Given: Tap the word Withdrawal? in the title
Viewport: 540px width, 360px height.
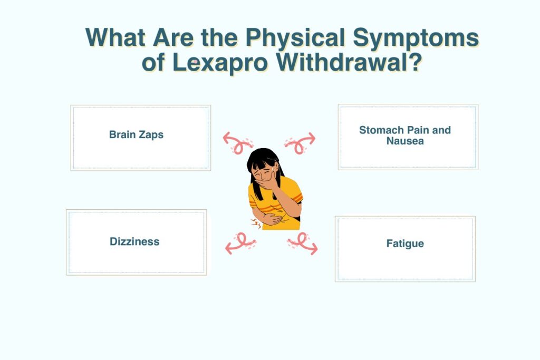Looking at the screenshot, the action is tap(349, 62).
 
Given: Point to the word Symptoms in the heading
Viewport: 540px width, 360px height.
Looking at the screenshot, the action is tap(416, 37).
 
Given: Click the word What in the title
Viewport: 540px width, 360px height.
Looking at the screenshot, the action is tap(115, 37).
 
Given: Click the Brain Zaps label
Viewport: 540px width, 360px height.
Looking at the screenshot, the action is tap(137, 134).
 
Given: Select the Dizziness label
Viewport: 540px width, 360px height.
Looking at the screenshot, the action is tap(134, 241).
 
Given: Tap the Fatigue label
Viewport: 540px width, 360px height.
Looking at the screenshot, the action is tap(405, 244).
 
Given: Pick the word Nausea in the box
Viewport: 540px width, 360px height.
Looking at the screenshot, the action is tap(405, 141).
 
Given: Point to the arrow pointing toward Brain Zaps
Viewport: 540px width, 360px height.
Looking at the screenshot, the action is tap(238, 143).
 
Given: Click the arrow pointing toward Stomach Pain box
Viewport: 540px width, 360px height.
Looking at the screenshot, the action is tap(300, 143).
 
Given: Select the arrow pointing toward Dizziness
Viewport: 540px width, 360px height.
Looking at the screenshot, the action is tap(240, 244).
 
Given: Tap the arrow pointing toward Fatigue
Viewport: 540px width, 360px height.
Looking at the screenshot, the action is tap(303, 244).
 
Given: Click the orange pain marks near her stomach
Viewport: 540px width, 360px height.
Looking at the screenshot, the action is tap(256, 223).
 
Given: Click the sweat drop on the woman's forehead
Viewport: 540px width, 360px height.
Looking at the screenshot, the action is tap(273, 169).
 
